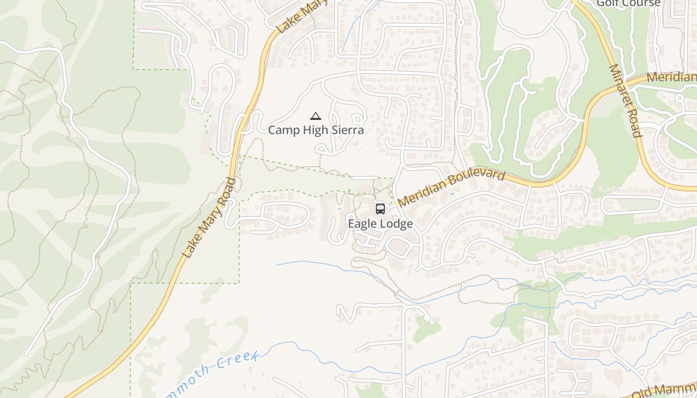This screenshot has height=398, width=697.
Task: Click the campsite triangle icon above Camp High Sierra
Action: [315, 116]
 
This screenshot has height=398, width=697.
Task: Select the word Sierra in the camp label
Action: [348, 130]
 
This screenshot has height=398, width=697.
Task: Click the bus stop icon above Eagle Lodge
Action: [380, 208]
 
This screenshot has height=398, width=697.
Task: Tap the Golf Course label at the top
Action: [628, 3]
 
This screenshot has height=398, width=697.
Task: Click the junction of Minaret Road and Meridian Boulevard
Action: [628, 82]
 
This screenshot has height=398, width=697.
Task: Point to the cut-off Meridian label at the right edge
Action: [671, 78]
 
